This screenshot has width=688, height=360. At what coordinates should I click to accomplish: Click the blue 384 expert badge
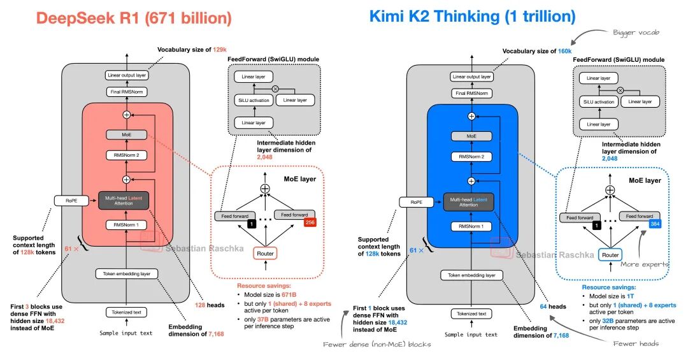click(654, 223)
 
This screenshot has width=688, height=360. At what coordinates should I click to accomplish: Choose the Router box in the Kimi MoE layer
click(610, 255)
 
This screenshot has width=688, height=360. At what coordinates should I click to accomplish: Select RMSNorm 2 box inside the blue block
click(471, 157)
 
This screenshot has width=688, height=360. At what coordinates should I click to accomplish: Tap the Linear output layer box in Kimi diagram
click(471, 77)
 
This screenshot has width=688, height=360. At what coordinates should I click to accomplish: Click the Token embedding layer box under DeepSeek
click(126, 274)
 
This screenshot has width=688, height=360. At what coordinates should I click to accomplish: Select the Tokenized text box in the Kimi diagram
click(471, 313)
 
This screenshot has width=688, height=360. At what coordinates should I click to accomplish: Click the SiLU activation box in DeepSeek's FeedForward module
click(254, 100)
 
